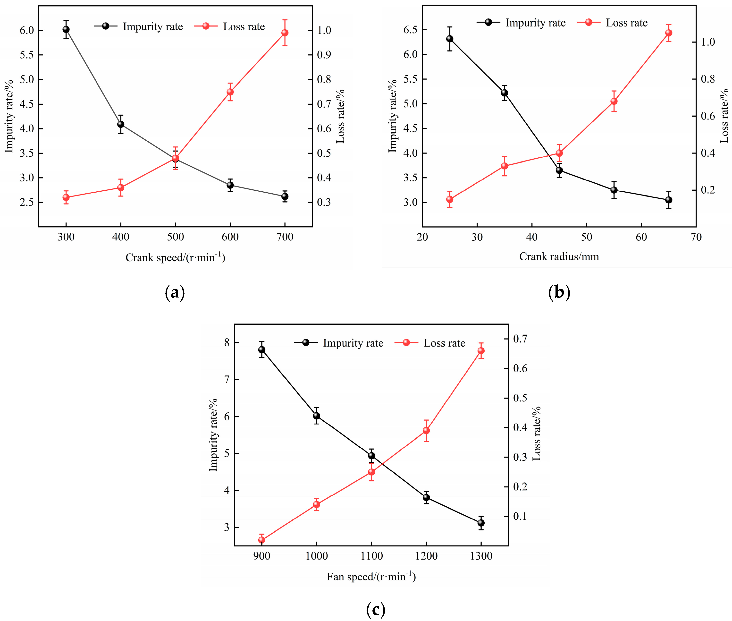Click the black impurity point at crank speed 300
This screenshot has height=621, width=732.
click(x=66, y=29)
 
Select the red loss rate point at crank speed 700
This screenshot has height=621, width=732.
click(x=285, y=33)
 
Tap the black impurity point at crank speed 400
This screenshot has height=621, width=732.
click(x=121, y=124)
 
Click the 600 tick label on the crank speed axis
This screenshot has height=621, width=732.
click(x=230, y=237)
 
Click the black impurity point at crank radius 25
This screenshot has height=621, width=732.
click(x=449, y=39)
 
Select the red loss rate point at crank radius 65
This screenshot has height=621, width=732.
click(x=669, y=33)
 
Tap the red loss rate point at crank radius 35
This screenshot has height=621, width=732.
click(x=504, y=166)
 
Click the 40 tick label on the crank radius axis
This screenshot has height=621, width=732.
click(x=532, y=237)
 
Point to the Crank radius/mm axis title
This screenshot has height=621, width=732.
click(x=559, y=256)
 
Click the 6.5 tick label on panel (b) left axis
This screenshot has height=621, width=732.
click(x=410, y=30)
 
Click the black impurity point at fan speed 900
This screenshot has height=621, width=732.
click(x=261, y=349)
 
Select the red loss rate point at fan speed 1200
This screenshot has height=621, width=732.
click(x=426, y=431)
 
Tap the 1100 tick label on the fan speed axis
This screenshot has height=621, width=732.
click(x=371, y=556)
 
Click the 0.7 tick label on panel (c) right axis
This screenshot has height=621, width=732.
click(x=520, y=339)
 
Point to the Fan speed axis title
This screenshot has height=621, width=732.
click(x=371, y=577)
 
